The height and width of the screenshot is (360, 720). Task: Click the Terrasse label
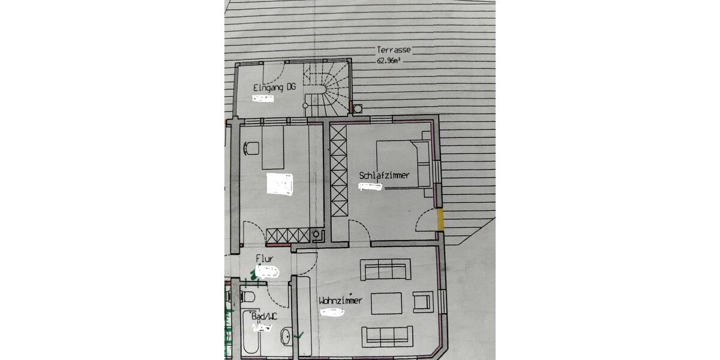click(x=394, y=50)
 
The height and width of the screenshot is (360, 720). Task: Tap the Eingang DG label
click(x=274, y=88)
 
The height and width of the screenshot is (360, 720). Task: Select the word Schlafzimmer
click(x=384, y=175)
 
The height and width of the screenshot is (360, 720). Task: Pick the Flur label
click(x=265, y=259)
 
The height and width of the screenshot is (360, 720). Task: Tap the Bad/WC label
click(x=264, y=316)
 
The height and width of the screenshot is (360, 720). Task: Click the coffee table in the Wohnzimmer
click(x=386, y=303)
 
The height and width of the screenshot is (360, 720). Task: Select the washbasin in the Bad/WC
click(x=286, y=337)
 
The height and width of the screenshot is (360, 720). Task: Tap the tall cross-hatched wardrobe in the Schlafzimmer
click(x=338, y=171)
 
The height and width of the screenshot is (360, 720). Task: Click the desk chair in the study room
click(x=251, y=148)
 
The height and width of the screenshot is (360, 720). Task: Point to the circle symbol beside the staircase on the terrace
click(x=358, y=109)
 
